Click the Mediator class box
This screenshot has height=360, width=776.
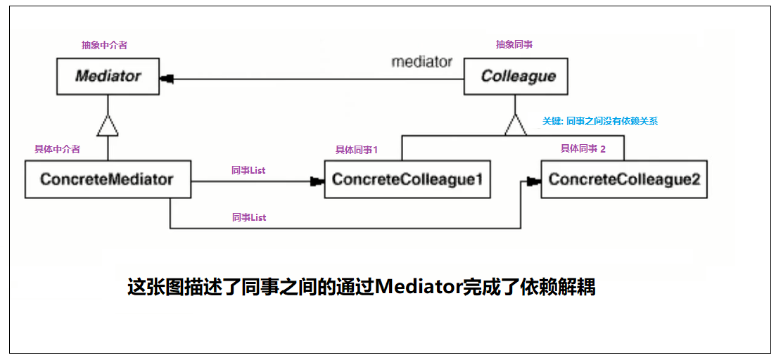pyautogui.click(x=108, y=76)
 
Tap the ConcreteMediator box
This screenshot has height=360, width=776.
pyautogui.click(x=108, y=179)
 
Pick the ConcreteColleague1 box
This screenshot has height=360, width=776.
pyautogui.click(x=407, y=179)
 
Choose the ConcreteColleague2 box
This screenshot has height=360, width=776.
pyautogui.click(x=624, y=179)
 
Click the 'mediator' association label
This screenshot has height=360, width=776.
pyautogui.click(x=421, y=62)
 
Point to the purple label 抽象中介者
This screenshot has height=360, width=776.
pyautogui.click(x=104, y=45)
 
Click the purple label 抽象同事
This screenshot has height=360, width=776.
pyautogui.click(x=514, y=45)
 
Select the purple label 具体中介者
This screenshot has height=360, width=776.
pyautogui.click(x=57, y=149)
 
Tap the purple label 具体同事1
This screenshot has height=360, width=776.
pyautogui.click(x=357, y=150)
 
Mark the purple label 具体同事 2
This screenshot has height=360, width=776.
pyautogui.click(x=583, y=148)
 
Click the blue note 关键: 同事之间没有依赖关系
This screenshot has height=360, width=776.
pyautogui.click(x=599, y=121)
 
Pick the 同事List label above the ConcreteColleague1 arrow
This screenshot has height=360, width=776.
pyautogui.click(x=249, y=170)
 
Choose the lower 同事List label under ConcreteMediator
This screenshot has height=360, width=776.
pyautogui.click(x=249, y=218)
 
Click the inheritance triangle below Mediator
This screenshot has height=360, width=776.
pyautogui.click(x=108, y=127)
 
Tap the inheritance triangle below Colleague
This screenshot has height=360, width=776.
pyautogui.click(x=515, y=126)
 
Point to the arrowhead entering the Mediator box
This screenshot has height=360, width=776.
pyautogui.click(x=167, y=79)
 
